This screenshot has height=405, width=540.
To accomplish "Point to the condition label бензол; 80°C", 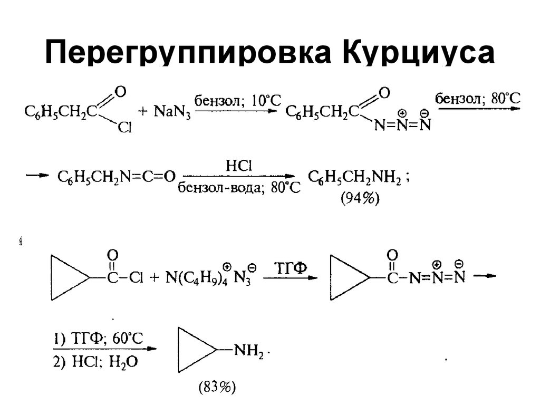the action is [x=477, y=98].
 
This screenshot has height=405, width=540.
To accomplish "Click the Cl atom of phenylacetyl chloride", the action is [x=124, y=128].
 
